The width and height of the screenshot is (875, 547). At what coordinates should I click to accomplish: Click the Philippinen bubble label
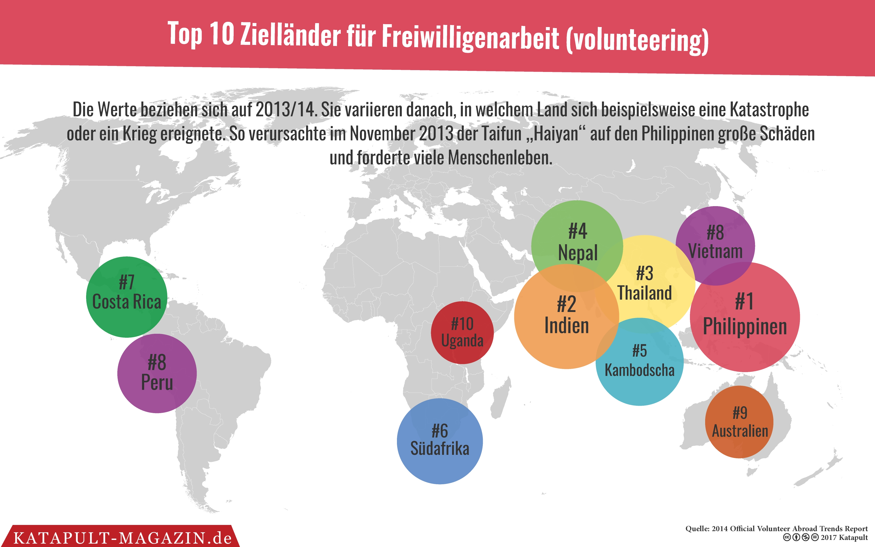(x=745, y=326)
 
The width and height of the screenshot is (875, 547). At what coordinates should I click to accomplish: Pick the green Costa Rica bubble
(x=127, y=297)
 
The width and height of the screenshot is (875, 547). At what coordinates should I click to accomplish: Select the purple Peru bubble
(x=157, y=373)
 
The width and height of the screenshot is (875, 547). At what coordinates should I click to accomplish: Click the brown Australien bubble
(x=740, y=422)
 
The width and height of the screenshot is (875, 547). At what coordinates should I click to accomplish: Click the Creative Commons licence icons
(x=800, y=538)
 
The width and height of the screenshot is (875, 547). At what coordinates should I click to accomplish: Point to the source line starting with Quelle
(x=776, y=529)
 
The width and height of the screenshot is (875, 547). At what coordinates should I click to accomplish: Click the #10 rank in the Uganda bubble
(x=462, y=324)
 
